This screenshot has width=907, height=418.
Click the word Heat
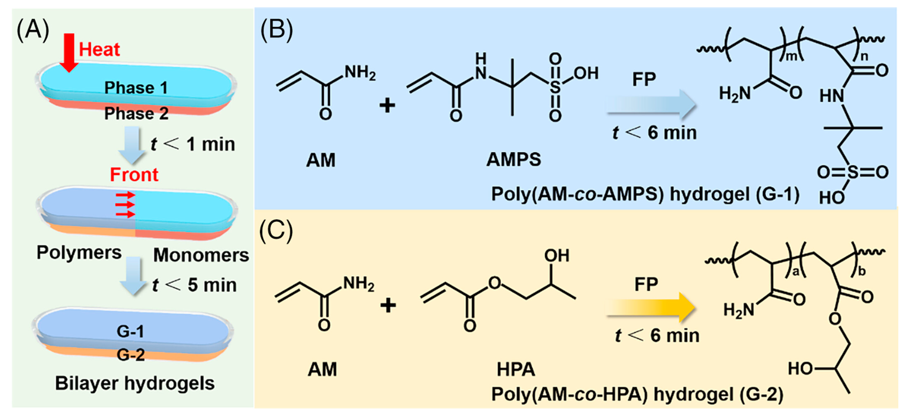[x=99, y=49]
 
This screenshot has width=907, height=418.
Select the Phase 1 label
[x=136, y=88]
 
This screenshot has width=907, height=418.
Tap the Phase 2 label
[x=136, y=113]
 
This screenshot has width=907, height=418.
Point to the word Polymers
[x=79, y=252]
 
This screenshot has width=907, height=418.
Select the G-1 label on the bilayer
[x=130, y=331]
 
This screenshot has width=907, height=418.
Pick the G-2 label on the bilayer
[x=131, y=355]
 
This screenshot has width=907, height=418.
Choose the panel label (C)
[x=276, y=231]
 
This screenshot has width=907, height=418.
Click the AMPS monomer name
[x=513, y=159]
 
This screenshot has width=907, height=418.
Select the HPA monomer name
[x=516, y=370]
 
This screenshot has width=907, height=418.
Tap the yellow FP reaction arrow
[x=651, y=307]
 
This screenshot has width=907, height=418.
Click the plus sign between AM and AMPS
[x=387, y=105]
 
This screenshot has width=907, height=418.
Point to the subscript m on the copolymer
[x=792, y=56]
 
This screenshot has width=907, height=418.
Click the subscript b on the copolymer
[x=862, y=271]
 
